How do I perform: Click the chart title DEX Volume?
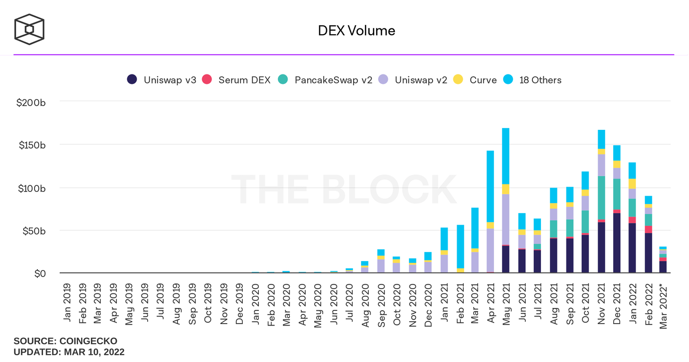pos(356,31)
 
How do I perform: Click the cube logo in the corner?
pos(29,30)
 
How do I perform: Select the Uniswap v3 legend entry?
pos(161,80)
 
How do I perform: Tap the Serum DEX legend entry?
pos(236,80)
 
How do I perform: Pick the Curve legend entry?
pos(476,80)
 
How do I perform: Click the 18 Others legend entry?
pos(532,80)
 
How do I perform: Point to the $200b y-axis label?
pos(31,102)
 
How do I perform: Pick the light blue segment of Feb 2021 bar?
pos(460,246)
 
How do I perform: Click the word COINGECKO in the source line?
pos(88,341)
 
